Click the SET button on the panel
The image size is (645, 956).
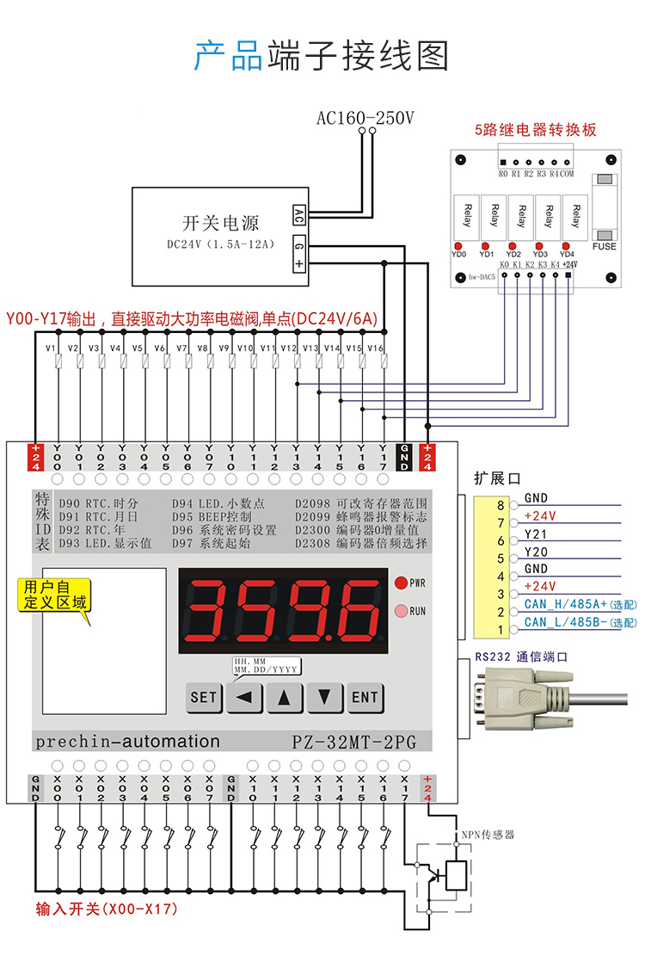point(204,697)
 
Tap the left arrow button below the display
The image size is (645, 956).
point(244,697)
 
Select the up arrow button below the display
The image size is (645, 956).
point(285,697)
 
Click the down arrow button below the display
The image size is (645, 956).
point(324,697)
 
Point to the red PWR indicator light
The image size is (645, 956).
point(401,583)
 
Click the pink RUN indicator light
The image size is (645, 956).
point(401,611)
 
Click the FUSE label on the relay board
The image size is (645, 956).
point(604,246)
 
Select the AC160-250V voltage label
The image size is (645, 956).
point(365,117)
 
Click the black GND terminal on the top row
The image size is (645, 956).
point(404,456)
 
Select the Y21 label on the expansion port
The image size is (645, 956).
point(536,534)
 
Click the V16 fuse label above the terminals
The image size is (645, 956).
point(375,348)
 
